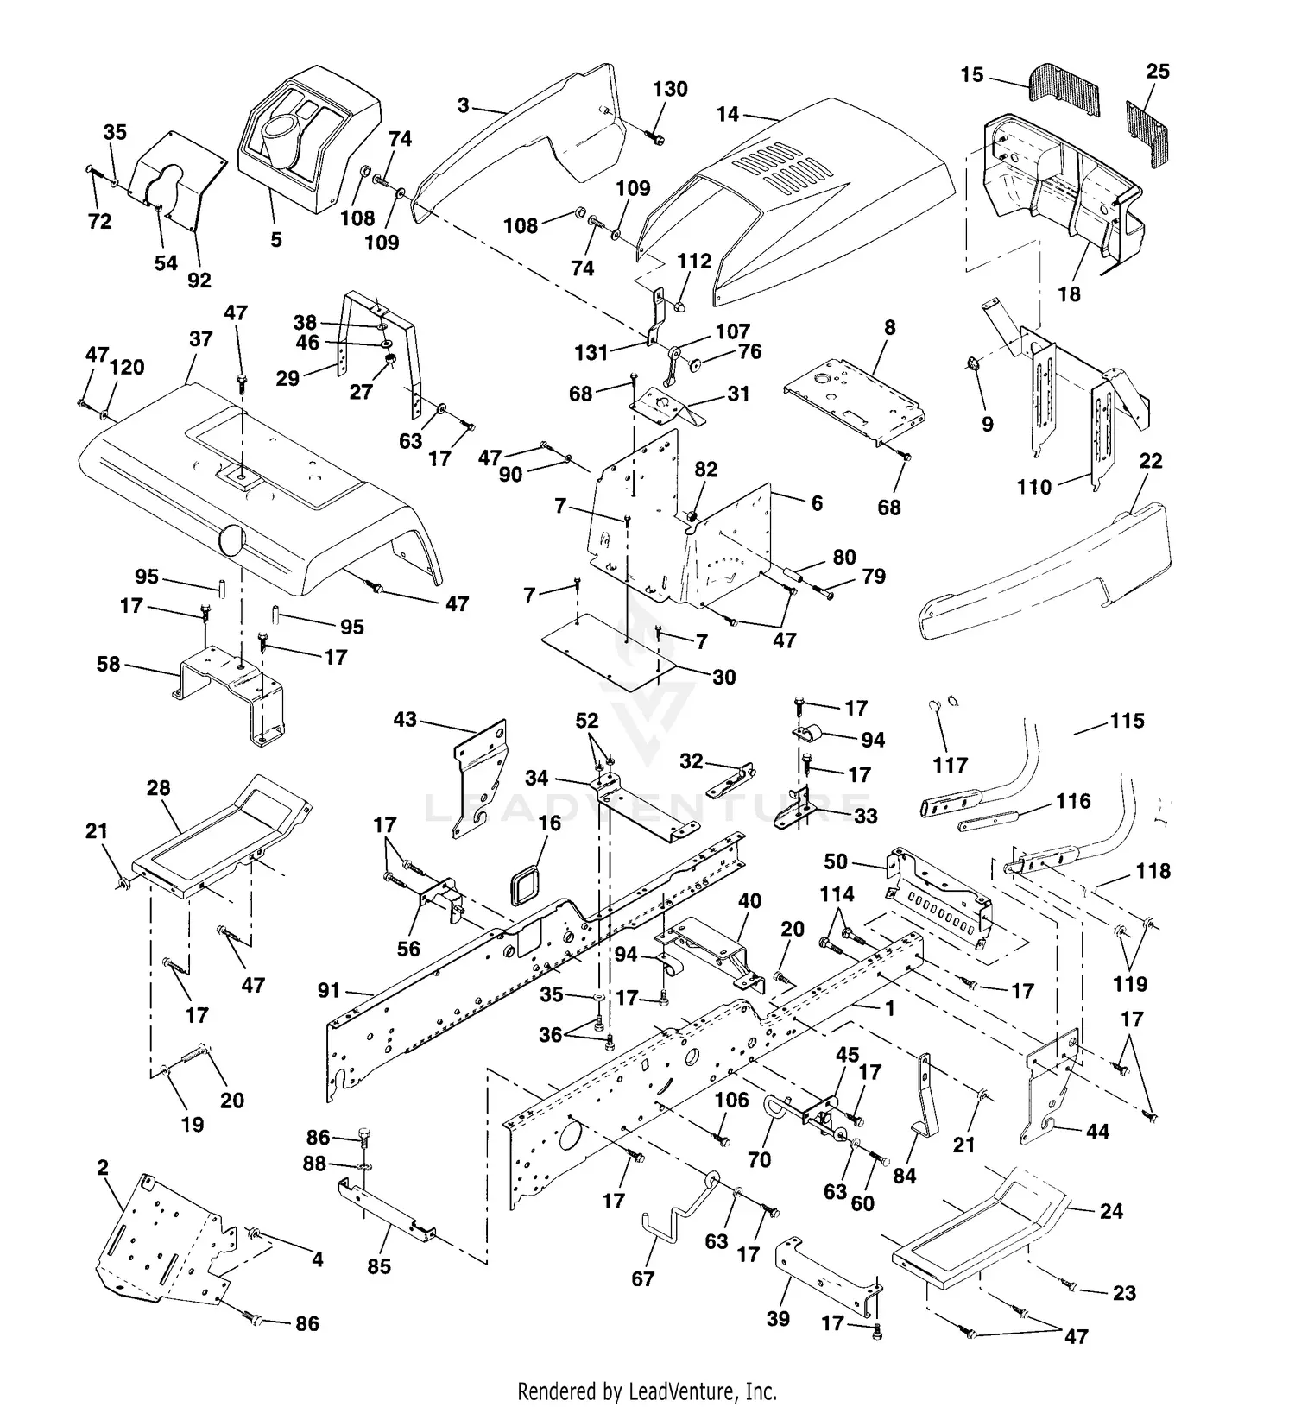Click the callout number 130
670,89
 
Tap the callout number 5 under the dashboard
275,239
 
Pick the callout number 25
1157,71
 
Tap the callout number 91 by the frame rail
329,990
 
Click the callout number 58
108,665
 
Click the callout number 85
379,1266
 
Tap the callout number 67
643,1278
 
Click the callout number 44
1097,1131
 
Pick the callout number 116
1073,801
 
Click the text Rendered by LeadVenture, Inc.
647,1391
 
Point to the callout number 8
889,327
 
